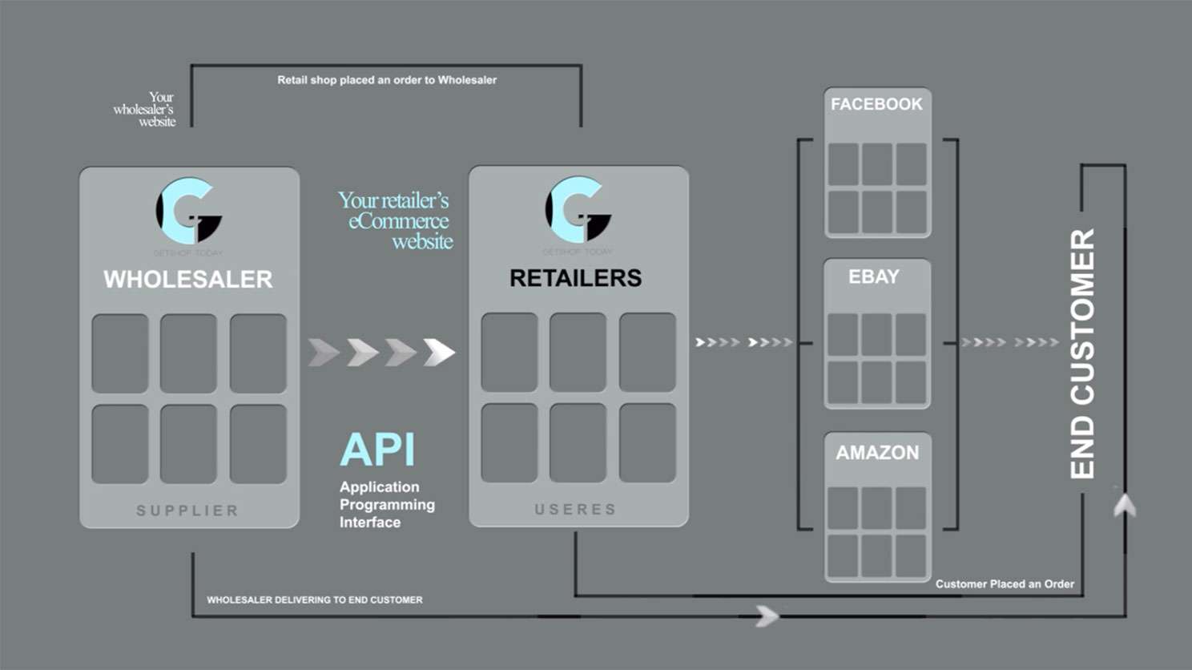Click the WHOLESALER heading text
188,279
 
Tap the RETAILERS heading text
575,278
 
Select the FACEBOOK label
876,104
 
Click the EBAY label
874,276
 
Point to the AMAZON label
877,453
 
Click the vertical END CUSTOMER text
1082,353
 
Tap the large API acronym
377,450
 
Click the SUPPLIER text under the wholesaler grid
187,511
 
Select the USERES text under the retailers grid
575,509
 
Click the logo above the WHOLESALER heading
188,211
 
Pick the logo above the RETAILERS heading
578,210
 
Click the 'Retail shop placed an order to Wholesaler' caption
387,80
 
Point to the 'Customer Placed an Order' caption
1005,583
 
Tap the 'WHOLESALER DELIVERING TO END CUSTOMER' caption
314,599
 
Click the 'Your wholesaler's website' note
147,110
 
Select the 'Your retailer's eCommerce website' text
397,220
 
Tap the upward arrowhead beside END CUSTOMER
1125,505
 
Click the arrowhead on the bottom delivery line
767,616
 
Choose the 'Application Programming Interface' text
387,504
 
